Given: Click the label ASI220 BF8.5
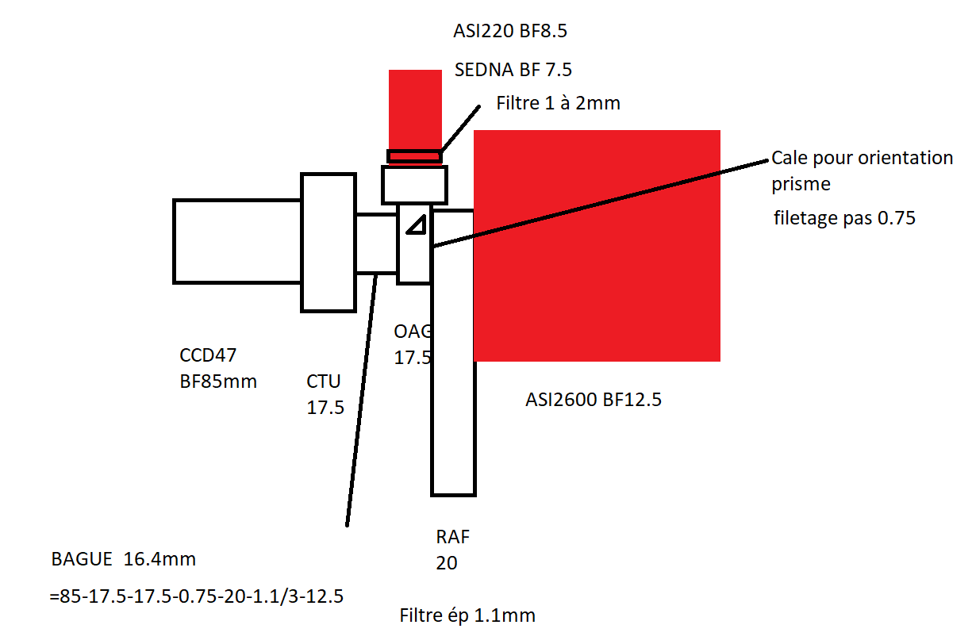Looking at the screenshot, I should [511, 32].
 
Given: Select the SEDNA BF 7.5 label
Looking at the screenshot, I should [513, 70].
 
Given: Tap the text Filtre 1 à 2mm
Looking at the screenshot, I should [558, 103].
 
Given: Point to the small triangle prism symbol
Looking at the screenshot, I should [415, 225].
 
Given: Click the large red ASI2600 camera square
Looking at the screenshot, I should [597, 246].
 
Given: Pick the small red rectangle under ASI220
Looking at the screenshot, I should [415, 108].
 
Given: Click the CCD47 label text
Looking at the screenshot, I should [209, 355].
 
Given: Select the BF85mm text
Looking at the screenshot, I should [218, 381].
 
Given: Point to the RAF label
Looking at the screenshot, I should [453, 536].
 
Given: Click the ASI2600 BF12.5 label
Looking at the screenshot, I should [594, 400].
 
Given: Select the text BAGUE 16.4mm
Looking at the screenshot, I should [123, 559].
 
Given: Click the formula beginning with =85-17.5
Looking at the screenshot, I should [196, 596].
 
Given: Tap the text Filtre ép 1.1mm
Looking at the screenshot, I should [467, 615].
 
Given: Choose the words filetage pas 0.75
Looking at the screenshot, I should [844, 218].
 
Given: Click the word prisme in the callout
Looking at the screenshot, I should [801, 184].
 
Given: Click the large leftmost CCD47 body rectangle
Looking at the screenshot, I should [236, 241].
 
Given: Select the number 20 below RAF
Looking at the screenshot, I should [447, 563].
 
